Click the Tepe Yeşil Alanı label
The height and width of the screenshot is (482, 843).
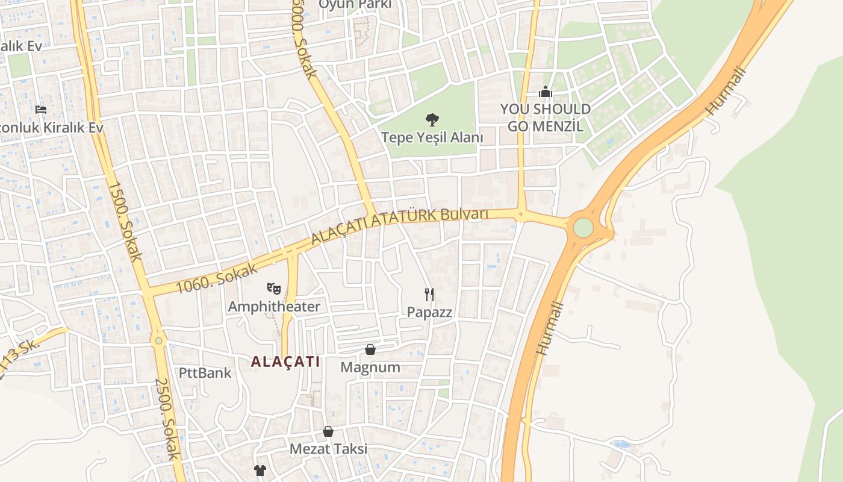(432, 137)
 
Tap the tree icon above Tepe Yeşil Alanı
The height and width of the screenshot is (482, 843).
(432, 119)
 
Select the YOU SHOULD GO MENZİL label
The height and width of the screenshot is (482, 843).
(545, 117)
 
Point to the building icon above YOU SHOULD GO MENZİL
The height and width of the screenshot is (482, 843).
(546, 92)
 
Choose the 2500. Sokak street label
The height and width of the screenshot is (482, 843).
(168, 419)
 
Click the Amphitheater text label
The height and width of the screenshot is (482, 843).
(274, 307)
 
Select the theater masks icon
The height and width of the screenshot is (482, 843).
(274, 289)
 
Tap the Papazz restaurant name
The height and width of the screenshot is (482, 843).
(429, 312)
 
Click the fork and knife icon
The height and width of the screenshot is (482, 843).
(429, 295)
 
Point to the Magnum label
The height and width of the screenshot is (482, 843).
(370, 367)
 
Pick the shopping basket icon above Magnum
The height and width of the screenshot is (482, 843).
(370, 349)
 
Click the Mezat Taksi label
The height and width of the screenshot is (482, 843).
(328, 449)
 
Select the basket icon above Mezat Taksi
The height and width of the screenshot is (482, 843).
(328, 431)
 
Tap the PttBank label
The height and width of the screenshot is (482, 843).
(205, 372)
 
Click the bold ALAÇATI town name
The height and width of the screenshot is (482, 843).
(285, 362)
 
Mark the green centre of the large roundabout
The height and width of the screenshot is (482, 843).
(583, 228)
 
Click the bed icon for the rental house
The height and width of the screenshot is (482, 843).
(41, 110)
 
